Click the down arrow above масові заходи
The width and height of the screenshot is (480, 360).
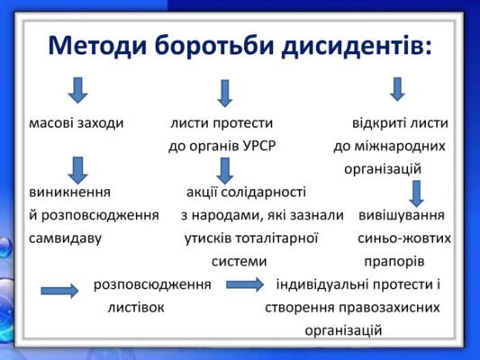[78, 89]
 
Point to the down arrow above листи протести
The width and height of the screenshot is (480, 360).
[225, 92]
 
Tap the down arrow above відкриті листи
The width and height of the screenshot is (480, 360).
[397, 88]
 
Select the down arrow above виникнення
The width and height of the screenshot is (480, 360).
[78, 168]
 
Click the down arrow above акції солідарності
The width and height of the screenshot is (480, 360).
[225, 169]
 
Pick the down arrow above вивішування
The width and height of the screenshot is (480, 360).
[415, 193]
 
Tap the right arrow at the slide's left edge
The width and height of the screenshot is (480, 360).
[59, 290]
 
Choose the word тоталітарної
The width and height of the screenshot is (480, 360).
[276, 238]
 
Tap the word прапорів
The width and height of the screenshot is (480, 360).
[394, 262]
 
